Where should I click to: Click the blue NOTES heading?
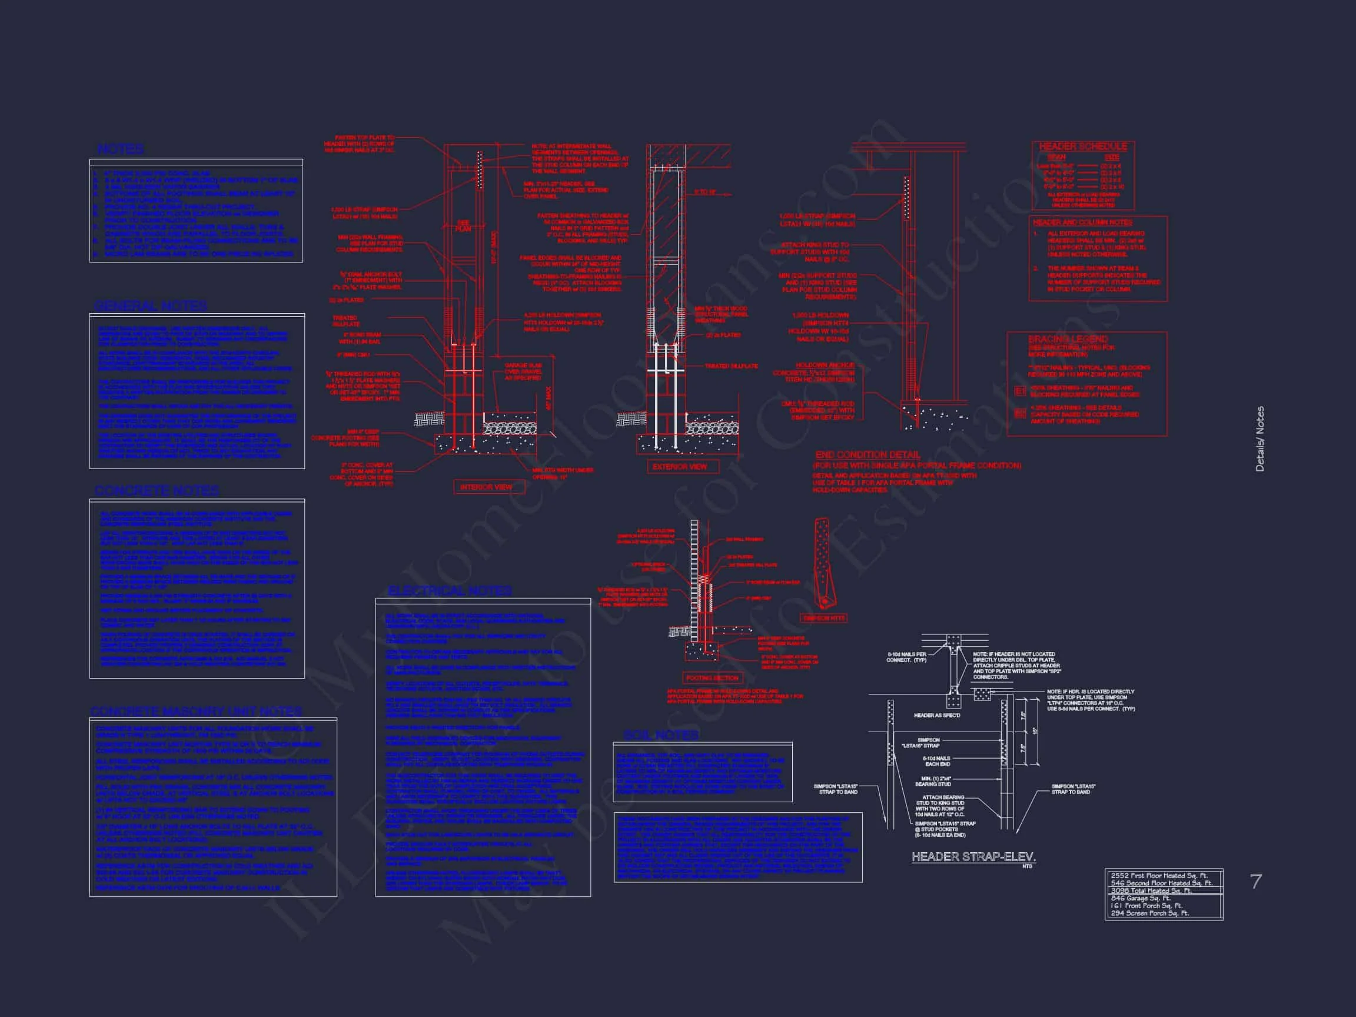pos(121,149)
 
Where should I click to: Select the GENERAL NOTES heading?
pos(150,306)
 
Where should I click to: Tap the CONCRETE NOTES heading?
pos(157,491)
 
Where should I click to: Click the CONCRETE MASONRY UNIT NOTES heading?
pos(196,712)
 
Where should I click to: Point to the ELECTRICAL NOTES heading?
pos(450,590)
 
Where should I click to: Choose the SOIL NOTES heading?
pos(661,735)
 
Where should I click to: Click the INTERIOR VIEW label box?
pos(486,487)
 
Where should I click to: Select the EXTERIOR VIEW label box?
pos(679,467)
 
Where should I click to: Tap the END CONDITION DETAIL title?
pos(868,455)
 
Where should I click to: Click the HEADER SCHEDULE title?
pos(1082,147)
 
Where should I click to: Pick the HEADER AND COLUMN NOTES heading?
pos(1082,222)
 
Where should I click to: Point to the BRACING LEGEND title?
pos(1067,339)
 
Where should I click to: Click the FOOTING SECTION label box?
pos(712,678)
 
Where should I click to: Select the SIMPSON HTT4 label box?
pos(824,619)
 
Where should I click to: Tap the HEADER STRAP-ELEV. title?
pos(973,857)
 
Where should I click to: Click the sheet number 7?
pos(1255,882)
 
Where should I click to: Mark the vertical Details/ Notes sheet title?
pos(1259,439)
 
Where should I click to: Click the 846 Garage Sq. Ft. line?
pos(1139,898)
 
